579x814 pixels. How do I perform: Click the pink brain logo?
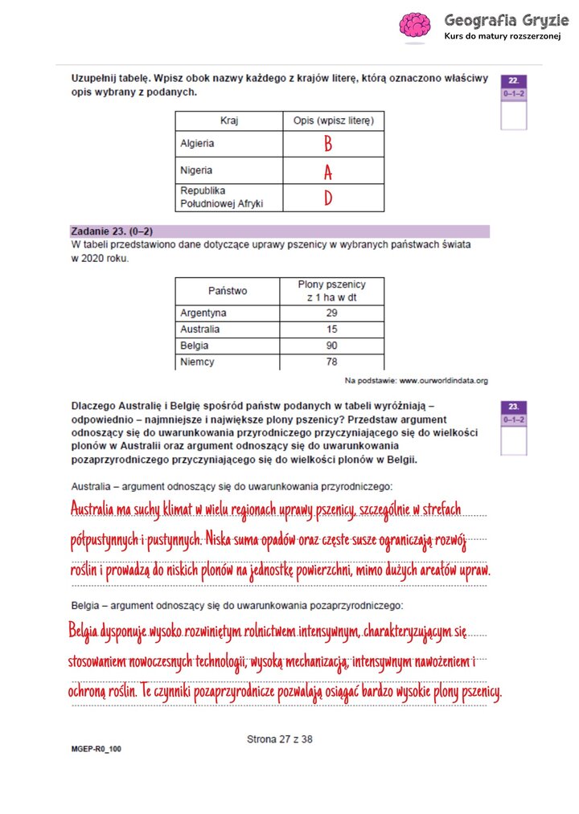click(415, 25)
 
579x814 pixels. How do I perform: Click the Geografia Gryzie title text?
click(500, 19)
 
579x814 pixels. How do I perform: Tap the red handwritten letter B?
click(328, 144)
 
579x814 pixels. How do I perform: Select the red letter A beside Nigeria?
click(328, 171)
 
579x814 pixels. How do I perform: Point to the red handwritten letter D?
click(328, 198)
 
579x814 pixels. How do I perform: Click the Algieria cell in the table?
click(197, 144)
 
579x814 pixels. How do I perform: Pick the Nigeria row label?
click(196, 170)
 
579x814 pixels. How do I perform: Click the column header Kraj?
click(229, 121)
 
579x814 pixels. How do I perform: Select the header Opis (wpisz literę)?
click(333, 121)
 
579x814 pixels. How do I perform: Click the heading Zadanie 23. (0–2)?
click(112, 231)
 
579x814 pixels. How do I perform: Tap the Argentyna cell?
click(203, 313)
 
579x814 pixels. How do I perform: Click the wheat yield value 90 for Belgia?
click(331, 346)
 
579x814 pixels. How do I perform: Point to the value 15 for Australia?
click(331, 329)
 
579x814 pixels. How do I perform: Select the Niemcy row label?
click(198, 362)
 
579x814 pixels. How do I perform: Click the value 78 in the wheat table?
click(331, 362)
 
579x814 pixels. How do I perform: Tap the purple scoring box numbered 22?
click(513, 81)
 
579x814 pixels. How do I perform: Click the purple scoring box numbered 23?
click(513, 407)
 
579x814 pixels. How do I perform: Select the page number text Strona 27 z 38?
click(279, 739)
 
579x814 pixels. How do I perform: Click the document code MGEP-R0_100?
click(96, 749)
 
